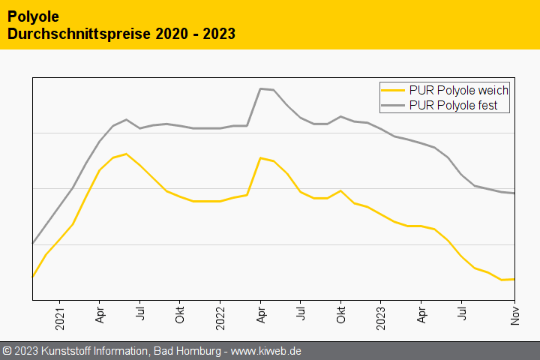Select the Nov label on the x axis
[x=515, y=316]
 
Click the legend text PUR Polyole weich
[x=459, y=90]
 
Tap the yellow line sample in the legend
[x=394, y=90]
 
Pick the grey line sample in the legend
[x=394, y=106]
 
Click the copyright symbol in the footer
[x=7, y=351]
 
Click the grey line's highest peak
[x=260, y=88]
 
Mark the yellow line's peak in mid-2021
[x=126, y=154]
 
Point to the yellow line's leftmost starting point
[x=33, y=277]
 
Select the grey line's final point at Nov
[x=514, y=193]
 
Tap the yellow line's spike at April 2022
[x=260, y=157]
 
